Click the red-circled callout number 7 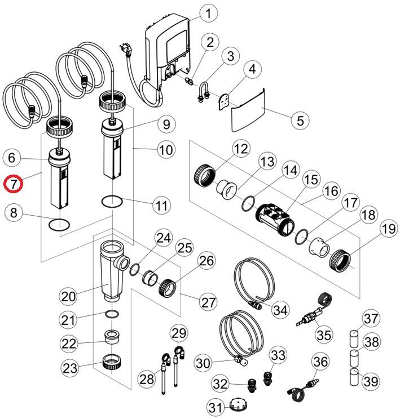coord(13,184)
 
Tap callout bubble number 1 coord(209,13)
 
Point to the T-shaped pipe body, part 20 coord(113,265)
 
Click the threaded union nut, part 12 coord(204,172)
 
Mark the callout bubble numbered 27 coord(209,302)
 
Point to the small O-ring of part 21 coord(112,314)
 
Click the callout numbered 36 coord(320,363)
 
